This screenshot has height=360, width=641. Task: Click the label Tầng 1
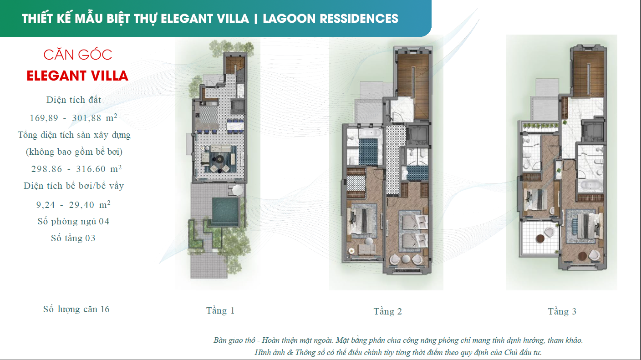coord(220,311)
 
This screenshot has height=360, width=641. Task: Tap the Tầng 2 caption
coord(387,312)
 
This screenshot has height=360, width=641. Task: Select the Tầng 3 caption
coord(562,312)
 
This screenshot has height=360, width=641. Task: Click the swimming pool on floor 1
coord(225,212)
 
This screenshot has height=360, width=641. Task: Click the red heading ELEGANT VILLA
coord(77,76)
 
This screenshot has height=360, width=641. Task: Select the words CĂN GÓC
coord(78,55)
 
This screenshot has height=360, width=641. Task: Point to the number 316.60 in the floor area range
coord(94,169)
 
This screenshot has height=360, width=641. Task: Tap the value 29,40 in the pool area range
coord(90,205)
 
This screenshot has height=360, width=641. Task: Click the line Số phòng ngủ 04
coord(73,222)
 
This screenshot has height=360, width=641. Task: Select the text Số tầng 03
coord(73,238)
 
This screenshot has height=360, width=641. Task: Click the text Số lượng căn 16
coord(76,309)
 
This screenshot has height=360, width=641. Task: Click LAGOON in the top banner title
coord(289,19)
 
